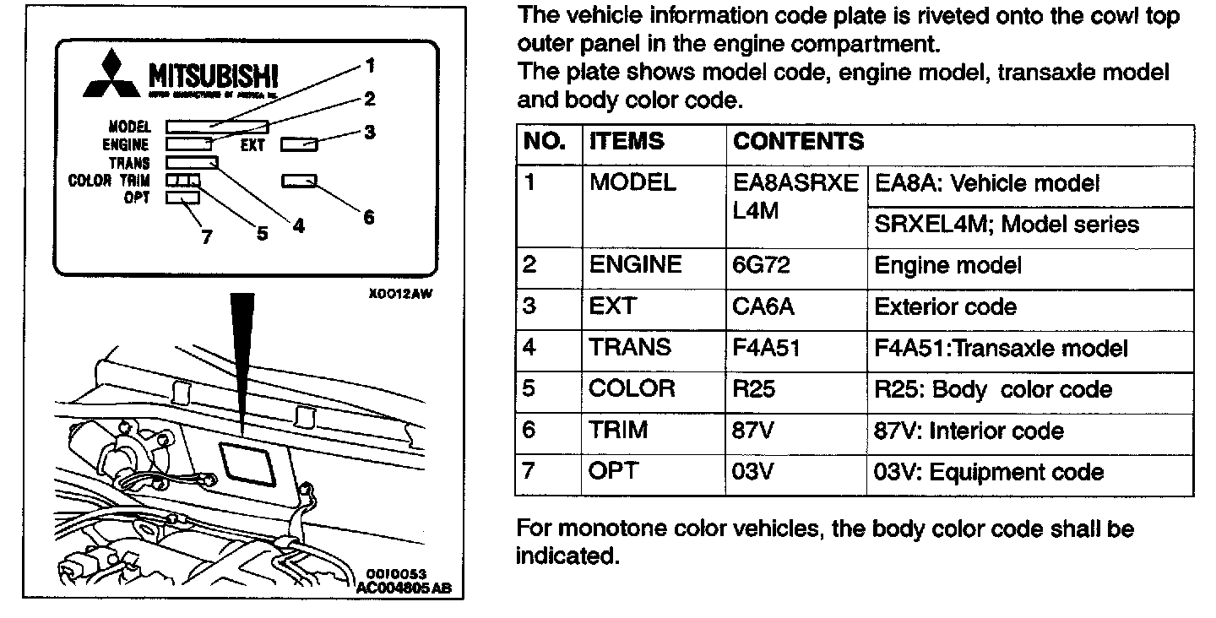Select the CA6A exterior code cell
coord(763,307)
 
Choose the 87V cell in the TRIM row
coord(754,431)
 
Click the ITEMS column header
coord(627,142)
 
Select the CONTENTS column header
coord(798,142)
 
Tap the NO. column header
coord(545,142)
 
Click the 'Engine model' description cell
coord(947,266)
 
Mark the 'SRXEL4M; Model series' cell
coord(1007,225)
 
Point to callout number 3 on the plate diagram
coord(370,132)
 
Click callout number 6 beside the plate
coord(368,217)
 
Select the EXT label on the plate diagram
coord(252,145)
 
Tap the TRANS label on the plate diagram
coord(129,162)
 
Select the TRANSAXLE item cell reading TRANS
coord(630,348)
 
